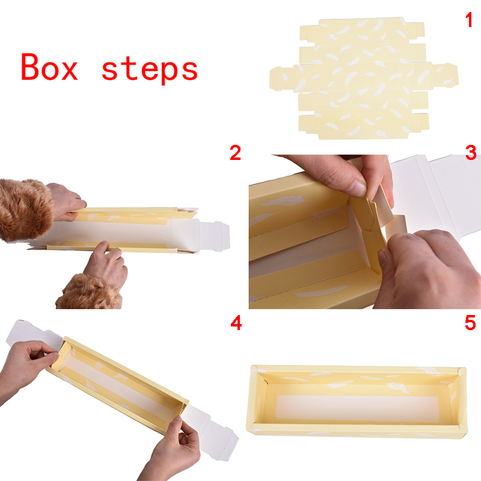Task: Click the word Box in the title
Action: (x=49, y=67)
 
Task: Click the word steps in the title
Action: (x=150, y=70)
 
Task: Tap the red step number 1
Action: (x=469, y=20)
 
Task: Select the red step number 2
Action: (x=235, y=153)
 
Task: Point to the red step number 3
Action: (x=471, y=153)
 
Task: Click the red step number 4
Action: (x=236, y=323)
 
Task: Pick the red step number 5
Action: (x=470, y=323)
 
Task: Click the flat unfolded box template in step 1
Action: (x=364, y=78)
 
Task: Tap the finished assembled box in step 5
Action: (x=357, y=401)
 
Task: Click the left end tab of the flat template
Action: (x=281, y=79)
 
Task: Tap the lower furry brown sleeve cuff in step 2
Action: (x=90, y=292)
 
